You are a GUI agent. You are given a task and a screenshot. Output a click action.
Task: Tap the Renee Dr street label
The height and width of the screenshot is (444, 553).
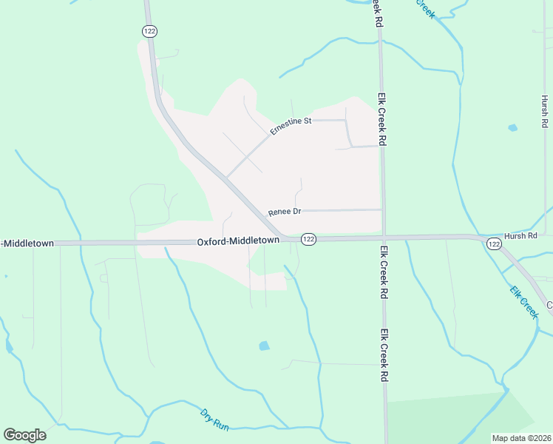(x=285, y=212)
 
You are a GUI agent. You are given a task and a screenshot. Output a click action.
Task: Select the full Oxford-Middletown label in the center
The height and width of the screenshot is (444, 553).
(x=237, y=241)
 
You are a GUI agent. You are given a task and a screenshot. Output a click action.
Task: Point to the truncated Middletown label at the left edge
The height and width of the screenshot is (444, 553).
(x=27, y=243)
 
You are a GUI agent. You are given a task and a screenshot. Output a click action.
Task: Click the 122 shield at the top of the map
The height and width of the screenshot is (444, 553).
(x=150, y=30)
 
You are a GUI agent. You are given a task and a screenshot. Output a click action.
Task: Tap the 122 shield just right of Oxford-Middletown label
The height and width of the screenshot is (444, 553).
(x=309, y=239)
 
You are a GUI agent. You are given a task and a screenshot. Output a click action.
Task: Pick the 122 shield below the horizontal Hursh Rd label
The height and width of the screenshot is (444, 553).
(x=494, y=243)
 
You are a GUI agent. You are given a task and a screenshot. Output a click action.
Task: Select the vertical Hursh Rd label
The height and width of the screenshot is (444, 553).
(x=545, y=112)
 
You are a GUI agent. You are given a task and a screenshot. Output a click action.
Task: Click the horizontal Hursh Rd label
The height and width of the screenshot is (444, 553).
(x=520, y=235)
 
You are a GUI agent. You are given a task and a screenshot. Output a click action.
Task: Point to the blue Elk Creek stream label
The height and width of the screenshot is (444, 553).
(x=524, y=302)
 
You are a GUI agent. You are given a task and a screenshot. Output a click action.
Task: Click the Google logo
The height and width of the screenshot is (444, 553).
(x=24, y=435)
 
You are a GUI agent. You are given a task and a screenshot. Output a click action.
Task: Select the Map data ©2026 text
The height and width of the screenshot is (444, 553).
(x=522, y=437)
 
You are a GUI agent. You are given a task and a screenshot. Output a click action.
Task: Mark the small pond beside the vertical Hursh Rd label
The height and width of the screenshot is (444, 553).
(x=512, y=127)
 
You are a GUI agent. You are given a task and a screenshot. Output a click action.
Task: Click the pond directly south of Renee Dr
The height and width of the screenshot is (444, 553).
(x=264, y=346)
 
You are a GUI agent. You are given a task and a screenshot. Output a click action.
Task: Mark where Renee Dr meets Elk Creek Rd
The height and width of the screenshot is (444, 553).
(x=382, y=209)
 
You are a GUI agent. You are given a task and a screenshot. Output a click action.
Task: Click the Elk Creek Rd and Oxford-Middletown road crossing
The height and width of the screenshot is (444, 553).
(x=383, y=238)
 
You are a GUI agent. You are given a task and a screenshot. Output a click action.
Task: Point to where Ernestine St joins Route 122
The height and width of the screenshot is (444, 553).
(x=226, y=178)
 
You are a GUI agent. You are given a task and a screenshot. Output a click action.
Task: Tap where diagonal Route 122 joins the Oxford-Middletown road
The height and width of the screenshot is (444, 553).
(x=281, y=239)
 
